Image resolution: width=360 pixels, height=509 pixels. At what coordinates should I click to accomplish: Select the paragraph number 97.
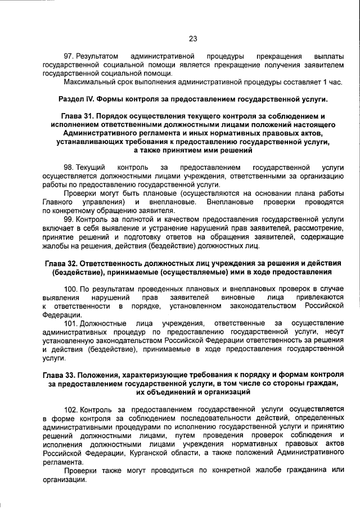[69, 57]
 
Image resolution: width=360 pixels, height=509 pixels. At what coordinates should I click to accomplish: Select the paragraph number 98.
[69, 168]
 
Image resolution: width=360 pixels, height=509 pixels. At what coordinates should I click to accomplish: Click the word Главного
[57, 201]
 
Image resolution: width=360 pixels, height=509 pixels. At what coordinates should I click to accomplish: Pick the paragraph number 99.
[69, 219]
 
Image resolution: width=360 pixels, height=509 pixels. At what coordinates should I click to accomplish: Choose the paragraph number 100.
[71, 289]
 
